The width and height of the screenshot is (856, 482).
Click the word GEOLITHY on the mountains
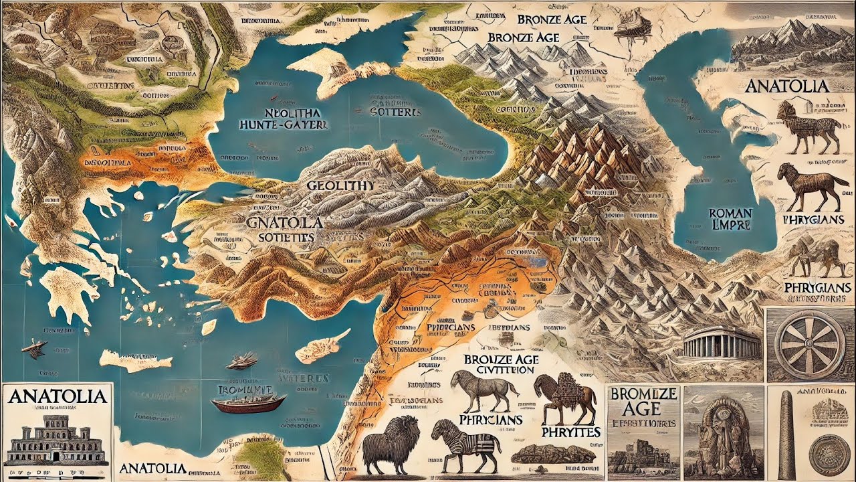pos(340,186)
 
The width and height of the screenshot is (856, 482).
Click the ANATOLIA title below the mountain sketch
pos(786,86)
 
